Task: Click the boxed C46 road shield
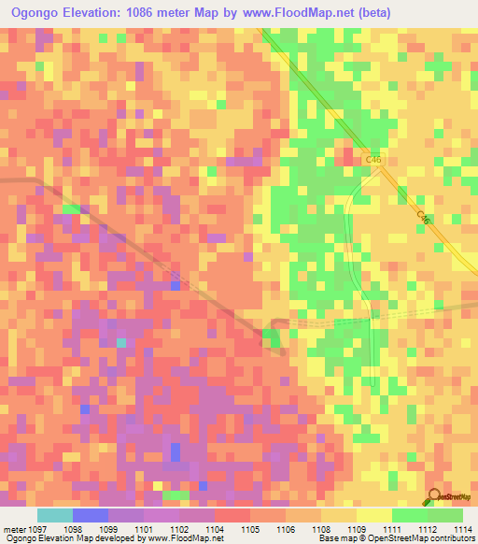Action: tap(374, 160)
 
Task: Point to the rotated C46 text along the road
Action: tap(423, 217)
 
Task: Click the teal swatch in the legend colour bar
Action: tap(55, 515)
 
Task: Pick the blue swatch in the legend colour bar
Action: tap(91, 515)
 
